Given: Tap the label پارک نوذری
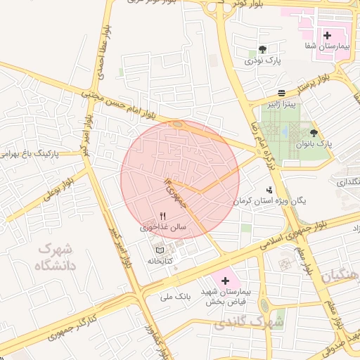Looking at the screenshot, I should (262, 61).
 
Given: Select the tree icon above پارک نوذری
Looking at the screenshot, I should (262, 49).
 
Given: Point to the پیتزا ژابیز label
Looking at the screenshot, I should (281, 105).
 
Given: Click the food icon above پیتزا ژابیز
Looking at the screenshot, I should (281, 93).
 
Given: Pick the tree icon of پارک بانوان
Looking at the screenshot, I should (314, 132).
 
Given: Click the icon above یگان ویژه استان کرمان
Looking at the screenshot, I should (269, 189).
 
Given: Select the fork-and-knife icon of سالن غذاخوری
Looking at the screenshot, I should (163, 216).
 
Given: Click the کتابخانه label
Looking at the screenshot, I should (160, 261).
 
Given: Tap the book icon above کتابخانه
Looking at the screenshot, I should (160, 250).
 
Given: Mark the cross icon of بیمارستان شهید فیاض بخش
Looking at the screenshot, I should (225, 281).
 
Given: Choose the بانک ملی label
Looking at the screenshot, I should (176, 297).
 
